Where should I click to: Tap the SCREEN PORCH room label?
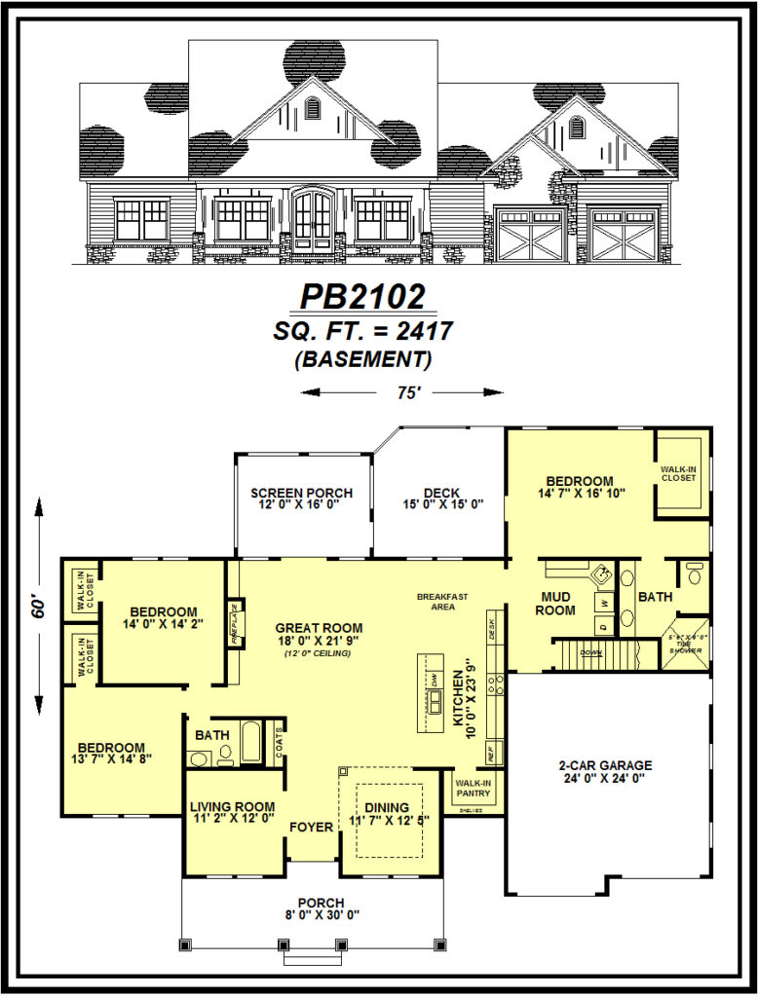click(301, 493)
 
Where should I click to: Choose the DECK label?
click(440, 493)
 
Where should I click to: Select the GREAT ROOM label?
click(318, 628)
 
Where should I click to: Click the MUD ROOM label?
click(555, 604)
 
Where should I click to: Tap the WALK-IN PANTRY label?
click(474, 787)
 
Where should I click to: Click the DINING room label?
click(387, 807)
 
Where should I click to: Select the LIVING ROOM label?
click(232, 806)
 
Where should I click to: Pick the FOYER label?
click(311, 827)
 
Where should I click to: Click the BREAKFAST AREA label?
click(442, 601)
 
